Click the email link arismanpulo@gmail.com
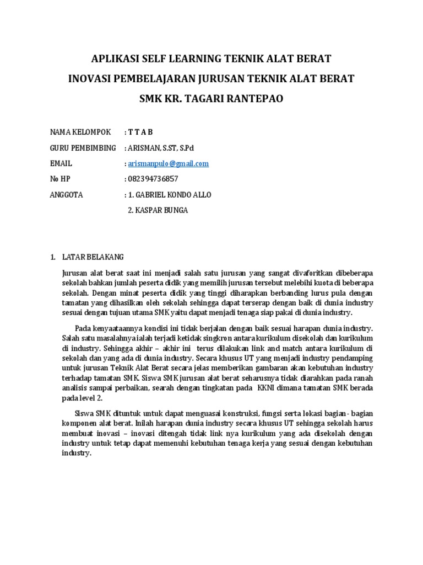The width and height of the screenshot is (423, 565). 169,164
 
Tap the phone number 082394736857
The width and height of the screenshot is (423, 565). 154,179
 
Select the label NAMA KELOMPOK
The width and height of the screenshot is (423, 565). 80,132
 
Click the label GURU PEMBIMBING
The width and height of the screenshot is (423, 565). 83,148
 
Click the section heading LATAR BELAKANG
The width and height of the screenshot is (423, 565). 93,257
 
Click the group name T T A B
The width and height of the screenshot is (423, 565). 141,132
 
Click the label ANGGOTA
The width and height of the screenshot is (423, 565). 66,195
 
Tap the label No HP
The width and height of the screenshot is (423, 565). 61,179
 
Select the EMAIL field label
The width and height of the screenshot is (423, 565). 61,164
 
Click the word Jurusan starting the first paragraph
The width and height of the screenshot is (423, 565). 74,273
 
